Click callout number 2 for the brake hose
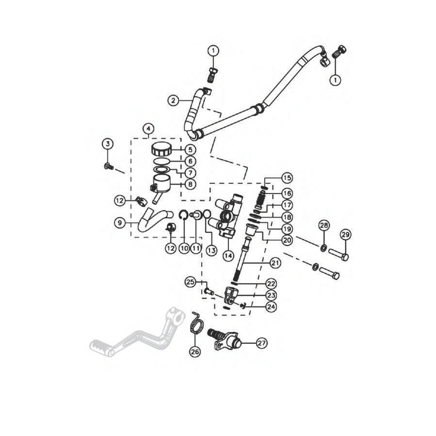(x=173, y=101)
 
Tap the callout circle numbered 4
(x=148, y=129)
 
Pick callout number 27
(x=261, y=343)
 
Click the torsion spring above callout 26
(x=197, y=323)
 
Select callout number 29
(x=345, y=235)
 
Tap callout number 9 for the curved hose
(x=120, y=223)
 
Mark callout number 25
(x=191, y=282)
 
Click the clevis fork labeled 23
(x=231, y=295)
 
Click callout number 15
(x=287, y=178)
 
